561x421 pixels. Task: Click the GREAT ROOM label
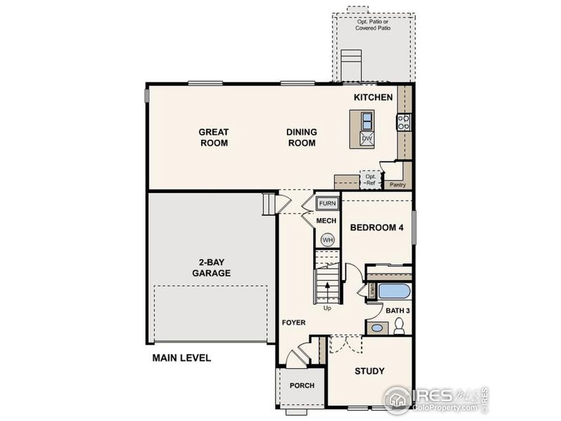pyautogui.click(x=213, y=137)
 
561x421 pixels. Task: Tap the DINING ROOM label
pyautogui.click(x=301, y=137)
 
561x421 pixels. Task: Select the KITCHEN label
pyautogui.click(x=372, y=97)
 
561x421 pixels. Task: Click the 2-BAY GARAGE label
pyautogui.click(x=211, y=267)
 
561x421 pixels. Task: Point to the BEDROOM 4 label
pyautogui.click(x=377, y=227)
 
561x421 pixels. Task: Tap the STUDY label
pyautogui.click(x=370, y=370)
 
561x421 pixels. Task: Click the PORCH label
pyautogui.click(x=302, y=385)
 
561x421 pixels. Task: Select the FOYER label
pyautogui.click(x=294, y=323)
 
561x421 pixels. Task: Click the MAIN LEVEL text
pyautogui.click(x=182, y=358)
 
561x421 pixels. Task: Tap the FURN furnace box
pyautogui.click(x=327, y=204)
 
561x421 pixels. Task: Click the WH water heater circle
pyautogui.click(x=327, y=240)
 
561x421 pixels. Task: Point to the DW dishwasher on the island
pyautogui.click(x=366, y=139)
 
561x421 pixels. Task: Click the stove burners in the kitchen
pyautogui.click(x=404, y=123)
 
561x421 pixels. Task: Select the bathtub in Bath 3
pyautogui.click(x=393, y=291)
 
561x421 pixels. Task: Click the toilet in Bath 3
pyautogui.click(x=399, y=326)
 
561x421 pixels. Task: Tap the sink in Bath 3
pyautogui.click(x=377, y=328)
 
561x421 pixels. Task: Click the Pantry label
pyautogui.click(x=398, y=185)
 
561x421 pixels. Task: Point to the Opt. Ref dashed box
pyautogui.click(x=370, y=180)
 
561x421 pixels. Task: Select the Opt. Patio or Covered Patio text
pyautogui.click(x=372, y=26)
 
